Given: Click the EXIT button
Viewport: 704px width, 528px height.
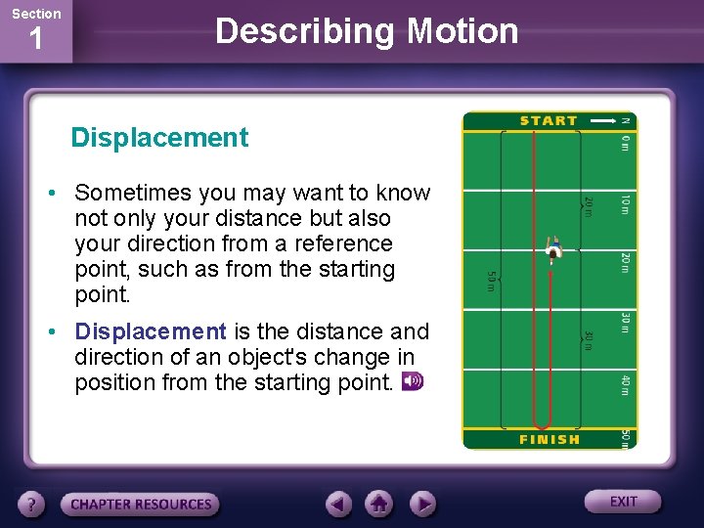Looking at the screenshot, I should click(623, 502).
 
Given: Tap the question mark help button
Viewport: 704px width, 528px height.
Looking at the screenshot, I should click(31, 505).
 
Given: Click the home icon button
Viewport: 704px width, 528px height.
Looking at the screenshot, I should click(379, 505).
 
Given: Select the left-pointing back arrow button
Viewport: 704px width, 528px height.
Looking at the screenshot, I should click(338, 505).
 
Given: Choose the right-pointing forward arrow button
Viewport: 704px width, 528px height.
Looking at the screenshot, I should click(421, 505).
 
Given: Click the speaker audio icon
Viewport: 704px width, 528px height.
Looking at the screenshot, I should click(413, 381).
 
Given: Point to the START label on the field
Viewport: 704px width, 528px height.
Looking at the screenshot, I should click(549, 121).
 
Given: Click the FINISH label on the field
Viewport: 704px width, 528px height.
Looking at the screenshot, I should click(549, 440).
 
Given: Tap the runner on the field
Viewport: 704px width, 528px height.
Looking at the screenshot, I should click(554, 250).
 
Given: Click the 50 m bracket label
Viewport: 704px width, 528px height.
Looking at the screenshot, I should click(492, 281).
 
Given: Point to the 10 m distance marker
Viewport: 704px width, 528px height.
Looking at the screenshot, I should click(626, 203).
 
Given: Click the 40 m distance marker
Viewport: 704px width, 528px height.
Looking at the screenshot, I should click(626, 384).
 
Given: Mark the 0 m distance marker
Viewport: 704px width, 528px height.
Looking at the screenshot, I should click(626, 143).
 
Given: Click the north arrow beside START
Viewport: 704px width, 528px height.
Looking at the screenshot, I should click(597, 121).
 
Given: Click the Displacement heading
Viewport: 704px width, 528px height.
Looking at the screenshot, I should click(159, 138).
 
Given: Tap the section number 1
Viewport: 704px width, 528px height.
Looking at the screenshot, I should click(35, 41).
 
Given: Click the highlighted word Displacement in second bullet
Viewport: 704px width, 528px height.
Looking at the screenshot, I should click(151, 331).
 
